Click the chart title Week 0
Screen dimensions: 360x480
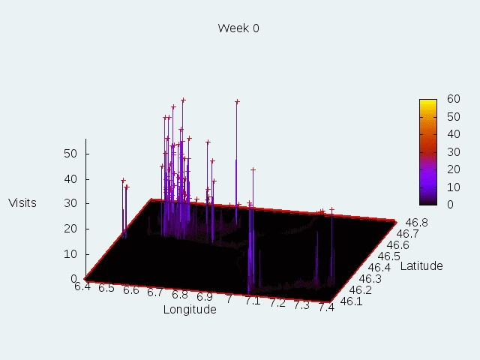238,28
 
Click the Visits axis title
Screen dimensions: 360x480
22,202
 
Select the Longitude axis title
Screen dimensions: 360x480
190,309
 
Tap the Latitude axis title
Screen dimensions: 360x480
421,265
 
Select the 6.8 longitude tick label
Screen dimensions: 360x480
179,295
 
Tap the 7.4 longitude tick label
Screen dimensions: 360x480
326,306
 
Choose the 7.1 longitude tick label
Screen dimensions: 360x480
253,301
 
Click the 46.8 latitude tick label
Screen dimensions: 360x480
416,222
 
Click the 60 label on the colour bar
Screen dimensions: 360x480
453,99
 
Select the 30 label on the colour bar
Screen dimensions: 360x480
453,151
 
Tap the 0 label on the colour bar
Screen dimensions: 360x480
450,204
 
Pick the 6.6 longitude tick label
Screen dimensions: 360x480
131,290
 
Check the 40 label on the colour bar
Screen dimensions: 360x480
453,134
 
